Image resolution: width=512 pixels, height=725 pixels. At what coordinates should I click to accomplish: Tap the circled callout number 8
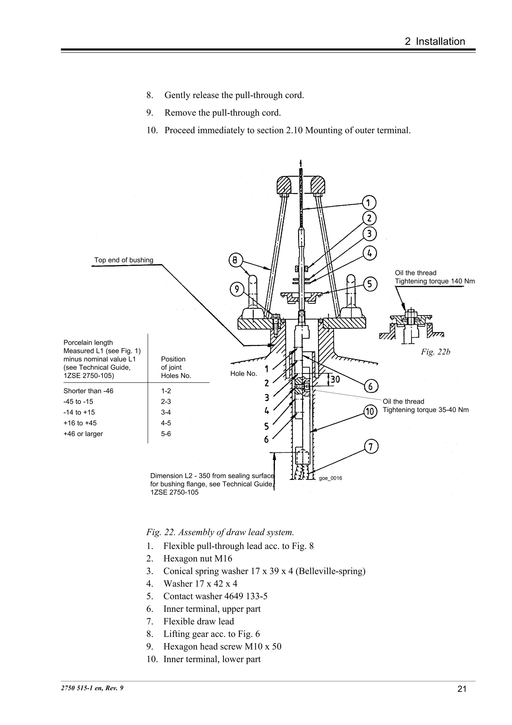pos(235,260)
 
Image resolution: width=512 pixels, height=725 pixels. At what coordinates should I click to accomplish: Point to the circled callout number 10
pos(370,412)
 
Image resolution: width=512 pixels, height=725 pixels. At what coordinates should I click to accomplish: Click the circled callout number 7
pos(371,447)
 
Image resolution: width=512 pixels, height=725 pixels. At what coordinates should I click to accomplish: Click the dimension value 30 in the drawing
pos(335,379)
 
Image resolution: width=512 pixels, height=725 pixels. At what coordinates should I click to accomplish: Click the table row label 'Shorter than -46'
pos(88,391)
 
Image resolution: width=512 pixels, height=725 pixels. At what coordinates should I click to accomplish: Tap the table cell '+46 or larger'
pos(83,434)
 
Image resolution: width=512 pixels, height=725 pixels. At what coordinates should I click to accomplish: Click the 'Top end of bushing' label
pos(124,260)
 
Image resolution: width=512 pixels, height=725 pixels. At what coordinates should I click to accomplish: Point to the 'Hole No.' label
pos(243,374)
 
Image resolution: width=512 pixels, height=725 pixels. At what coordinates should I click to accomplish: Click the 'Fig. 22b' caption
pos(435,352)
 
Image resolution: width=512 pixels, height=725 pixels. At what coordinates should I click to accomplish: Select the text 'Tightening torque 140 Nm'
pos(435,281)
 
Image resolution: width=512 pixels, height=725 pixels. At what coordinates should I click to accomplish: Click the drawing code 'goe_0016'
pos(330,478)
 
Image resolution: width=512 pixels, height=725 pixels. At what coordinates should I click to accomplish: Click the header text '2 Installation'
pos(435,41)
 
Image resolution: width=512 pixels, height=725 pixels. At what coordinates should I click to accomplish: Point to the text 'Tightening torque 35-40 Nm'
pos(425,410)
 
